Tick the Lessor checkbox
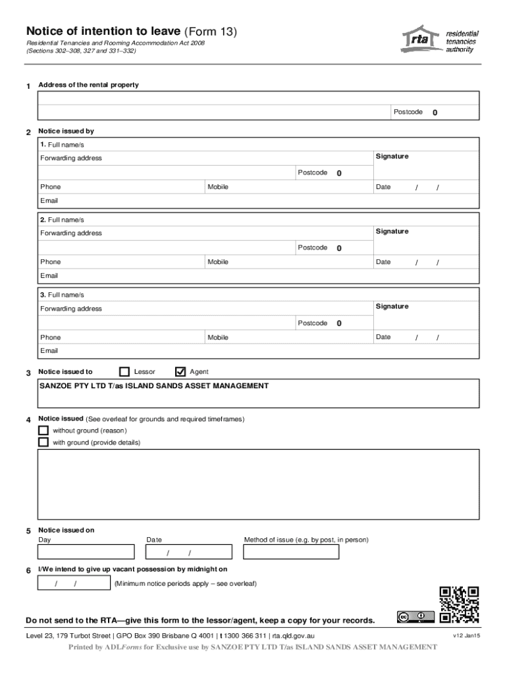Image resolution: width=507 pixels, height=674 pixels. [124, 372]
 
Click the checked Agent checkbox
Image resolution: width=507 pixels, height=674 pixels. [180, 372]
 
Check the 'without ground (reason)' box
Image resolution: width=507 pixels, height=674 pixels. [43, 430]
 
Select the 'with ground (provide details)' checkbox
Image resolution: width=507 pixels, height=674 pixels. [43, 442]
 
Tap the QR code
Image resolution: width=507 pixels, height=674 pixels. [458, 605]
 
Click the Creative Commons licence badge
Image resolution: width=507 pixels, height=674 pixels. [415, 617]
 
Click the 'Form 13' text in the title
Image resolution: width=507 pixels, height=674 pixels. [212, 32]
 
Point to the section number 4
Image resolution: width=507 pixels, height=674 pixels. [28, 420]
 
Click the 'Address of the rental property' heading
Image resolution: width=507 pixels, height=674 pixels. [89, 85]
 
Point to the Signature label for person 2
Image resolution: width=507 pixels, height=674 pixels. [392, 231]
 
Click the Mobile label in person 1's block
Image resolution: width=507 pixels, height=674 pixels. [218, 187]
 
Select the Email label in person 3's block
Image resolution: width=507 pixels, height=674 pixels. [49, 351]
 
